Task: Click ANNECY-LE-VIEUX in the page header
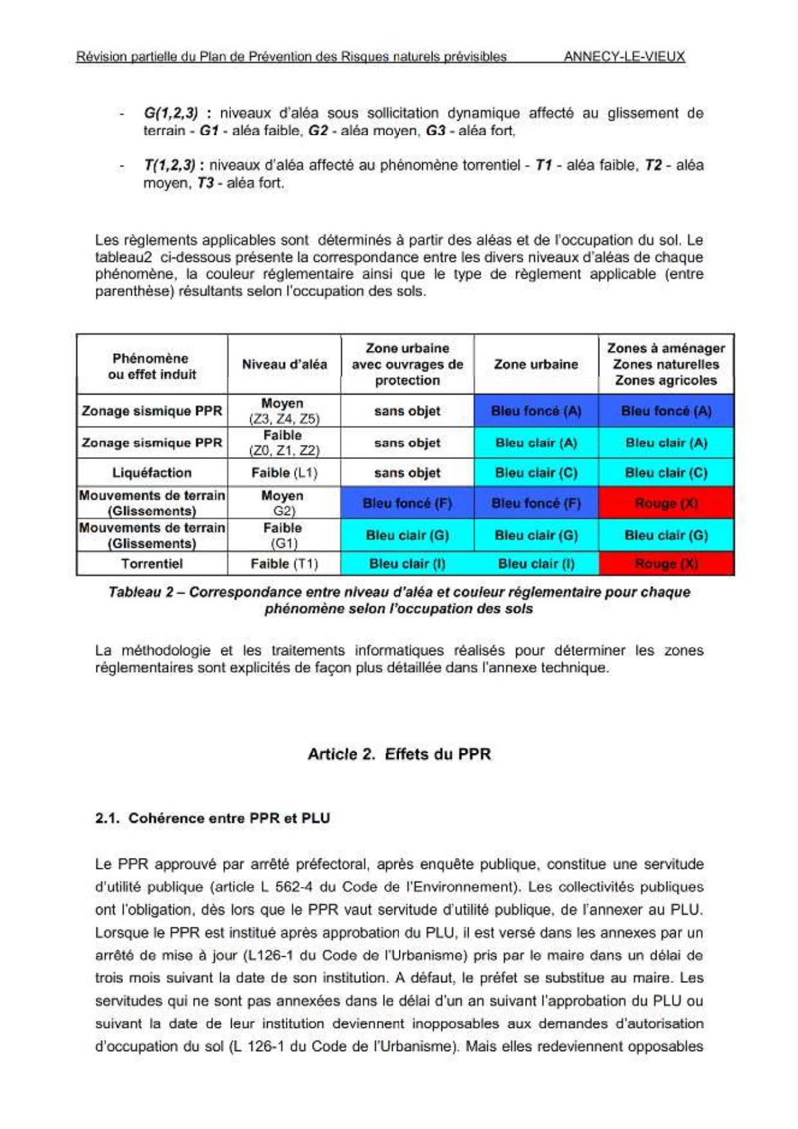click(x=624, y=56)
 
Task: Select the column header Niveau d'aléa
click(x=284, y=364)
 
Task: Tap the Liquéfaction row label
click(x=152, y=472)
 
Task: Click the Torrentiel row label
click(x=152, y=564)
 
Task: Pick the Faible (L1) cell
click(x=284, y=472)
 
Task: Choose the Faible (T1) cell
click(x=284, y=564)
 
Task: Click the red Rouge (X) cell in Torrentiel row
click(x=666, y=564)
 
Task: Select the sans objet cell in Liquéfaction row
click(x=407, y=472)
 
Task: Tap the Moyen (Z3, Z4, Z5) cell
click(x=284, y=411)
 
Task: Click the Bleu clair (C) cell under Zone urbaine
click(x=536, y=472)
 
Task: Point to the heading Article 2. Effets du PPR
click(x=399, y=754)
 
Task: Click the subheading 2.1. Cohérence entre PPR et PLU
click(x=212, y=818)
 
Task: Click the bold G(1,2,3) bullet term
click(x=171, y=113)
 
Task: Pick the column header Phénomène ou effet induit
click(x=152, y=366)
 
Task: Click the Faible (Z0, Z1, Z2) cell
click(x=284, y=443)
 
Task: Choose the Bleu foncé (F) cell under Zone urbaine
click(x=536, y=503)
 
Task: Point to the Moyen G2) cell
click(x=284, y=503)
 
